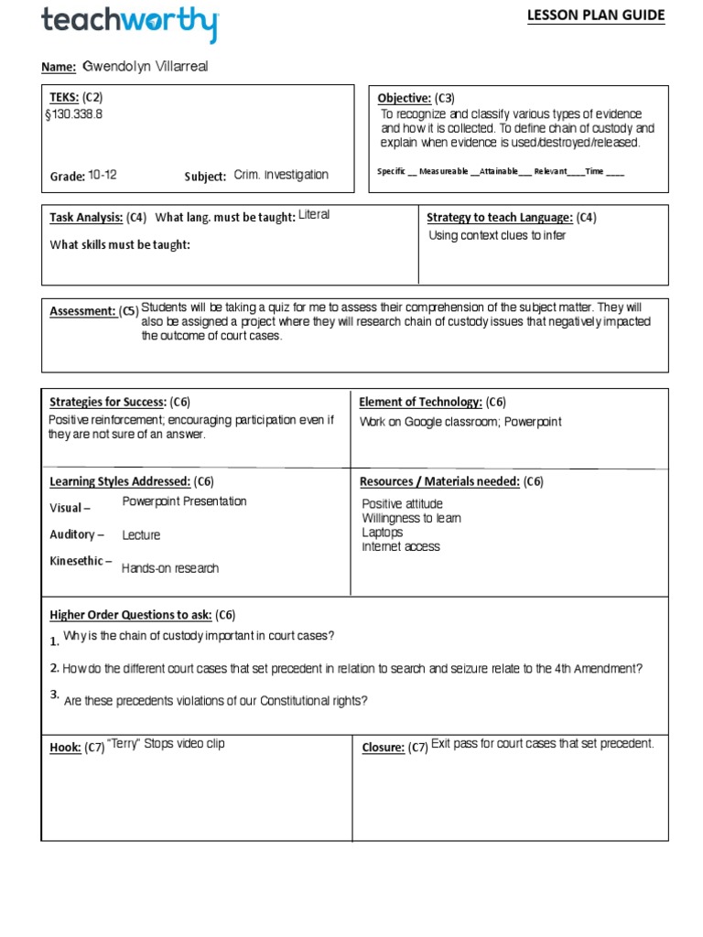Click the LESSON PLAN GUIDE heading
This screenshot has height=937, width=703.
(x=608, y=16)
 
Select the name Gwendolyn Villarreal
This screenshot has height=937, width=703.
(x=151, y=67)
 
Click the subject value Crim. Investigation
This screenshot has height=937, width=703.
(x=280, y=175)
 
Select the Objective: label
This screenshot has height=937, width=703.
(x=404, y=98)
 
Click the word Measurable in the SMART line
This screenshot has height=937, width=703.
(x=443, y=172)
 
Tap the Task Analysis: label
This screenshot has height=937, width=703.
(x=86, y=218)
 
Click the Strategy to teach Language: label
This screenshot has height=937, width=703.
(x=500, y=218)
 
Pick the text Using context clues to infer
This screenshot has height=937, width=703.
(x=497, y=236)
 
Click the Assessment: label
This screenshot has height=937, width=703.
(x=82, y=311)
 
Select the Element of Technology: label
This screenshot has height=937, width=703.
(x=420, y=402)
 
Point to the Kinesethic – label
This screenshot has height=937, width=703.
(x=81, y=561)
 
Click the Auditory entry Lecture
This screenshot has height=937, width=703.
(x=141, y=535)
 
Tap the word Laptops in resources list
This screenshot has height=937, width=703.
(x=382, y=532)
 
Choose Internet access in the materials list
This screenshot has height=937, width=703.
(x=400, y=546)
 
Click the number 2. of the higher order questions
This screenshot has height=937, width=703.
(x=55, y=667)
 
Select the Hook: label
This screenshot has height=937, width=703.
(x=66, y=748)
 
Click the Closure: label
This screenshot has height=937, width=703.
(x=383, y=748)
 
